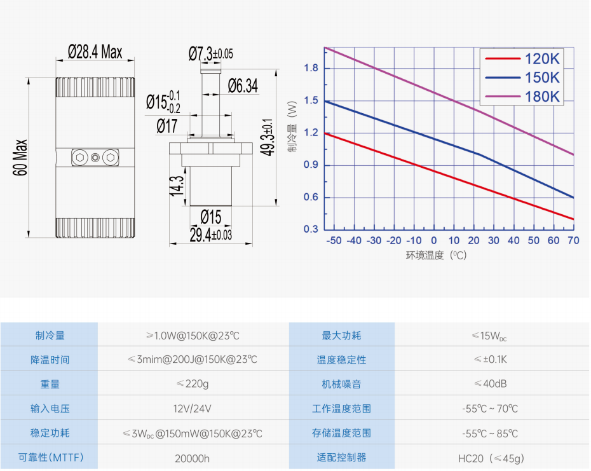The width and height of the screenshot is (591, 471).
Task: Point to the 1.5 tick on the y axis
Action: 311,100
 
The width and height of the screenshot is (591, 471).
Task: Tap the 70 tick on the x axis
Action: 573,240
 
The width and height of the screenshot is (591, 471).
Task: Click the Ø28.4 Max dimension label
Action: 95,51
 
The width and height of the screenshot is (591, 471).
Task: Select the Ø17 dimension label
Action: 166,126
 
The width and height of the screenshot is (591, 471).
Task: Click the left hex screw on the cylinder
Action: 80,157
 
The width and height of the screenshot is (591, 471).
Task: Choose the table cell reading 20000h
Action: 193,458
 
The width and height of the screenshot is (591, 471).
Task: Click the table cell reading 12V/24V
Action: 193,409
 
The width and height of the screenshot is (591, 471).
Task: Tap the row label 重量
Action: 50,384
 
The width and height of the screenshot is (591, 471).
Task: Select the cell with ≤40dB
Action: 490,384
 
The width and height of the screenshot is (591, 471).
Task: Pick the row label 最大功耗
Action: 341,336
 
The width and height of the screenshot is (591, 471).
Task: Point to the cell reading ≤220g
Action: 193,384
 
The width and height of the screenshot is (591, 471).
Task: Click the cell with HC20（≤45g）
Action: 490,458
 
